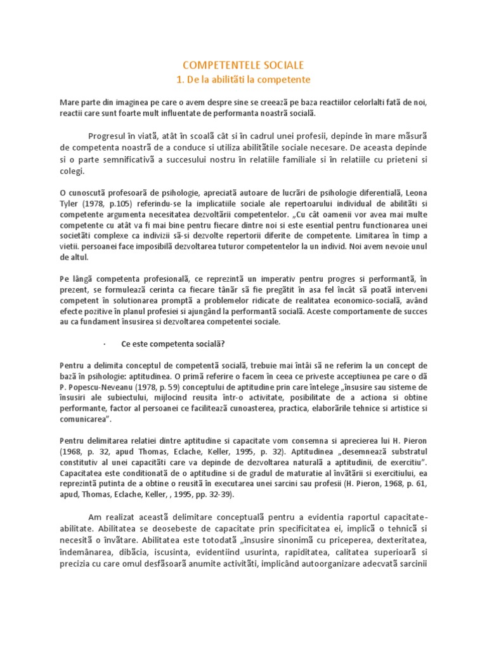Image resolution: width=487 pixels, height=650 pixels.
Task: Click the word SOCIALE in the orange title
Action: click(278, 65)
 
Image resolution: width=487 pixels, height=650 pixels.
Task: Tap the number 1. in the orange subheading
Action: click(179, 80)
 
